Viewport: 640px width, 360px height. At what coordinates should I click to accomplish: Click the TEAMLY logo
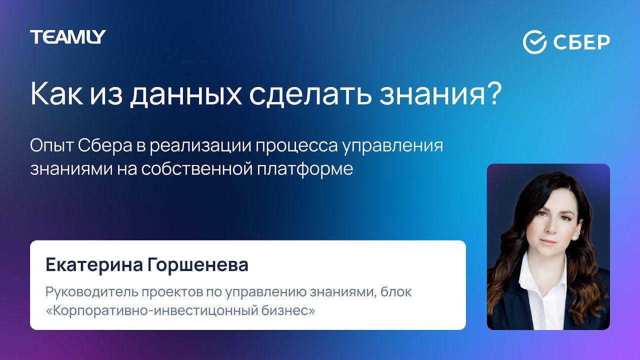coord(67,37)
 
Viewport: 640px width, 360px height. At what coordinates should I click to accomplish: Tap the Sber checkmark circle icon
coord(534,42)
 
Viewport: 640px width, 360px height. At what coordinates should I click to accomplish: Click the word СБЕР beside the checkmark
coord(581,42)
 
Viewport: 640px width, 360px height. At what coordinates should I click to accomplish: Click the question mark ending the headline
coord(493,93)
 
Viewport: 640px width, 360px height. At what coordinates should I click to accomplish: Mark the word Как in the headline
coord(50,94)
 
